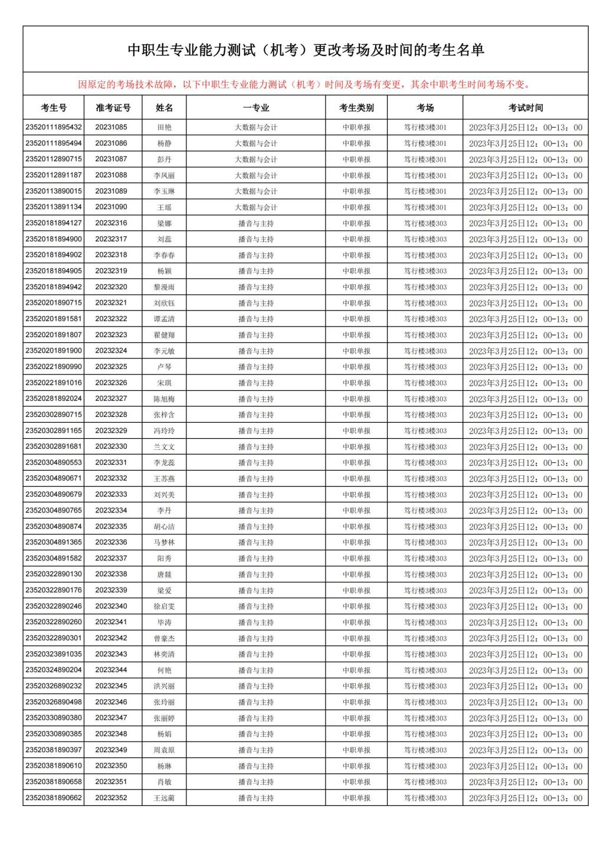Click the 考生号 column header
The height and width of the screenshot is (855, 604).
click(x=54, y=107)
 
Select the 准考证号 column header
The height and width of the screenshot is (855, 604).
click(x=113, y=107)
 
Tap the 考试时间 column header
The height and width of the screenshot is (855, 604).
click(x=525, y=107)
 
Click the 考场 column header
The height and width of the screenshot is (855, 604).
click(x=425, y=107)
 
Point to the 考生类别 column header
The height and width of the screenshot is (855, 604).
click(x=356, y=107)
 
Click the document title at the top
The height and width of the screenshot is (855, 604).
click(x=306, y=50)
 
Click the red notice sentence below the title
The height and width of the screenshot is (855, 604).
click(x=304, y=84)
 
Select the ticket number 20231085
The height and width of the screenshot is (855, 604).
click(x=111, y=127)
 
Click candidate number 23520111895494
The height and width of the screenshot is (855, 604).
click(x=54, y=143)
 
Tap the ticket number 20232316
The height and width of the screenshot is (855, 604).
click(x=111, y=223)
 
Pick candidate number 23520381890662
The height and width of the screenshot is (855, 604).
click(x=54, y=798)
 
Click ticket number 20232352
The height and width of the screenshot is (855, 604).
click(x=111, y=798)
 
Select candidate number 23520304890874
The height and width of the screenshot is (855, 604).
click(x=54, y=526)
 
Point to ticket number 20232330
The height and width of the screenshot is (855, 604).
click(x=111, y=446)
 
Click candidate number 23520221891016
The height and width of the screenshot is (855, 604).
click(x=54, y=383)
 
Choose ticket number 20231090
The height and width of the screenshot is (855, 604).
click(x=111, y=207)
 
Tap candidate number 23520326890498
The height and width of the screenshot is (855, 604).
click(x=54, y=702)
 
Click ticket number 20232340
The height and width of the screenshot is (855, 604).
click(x=111, y=606)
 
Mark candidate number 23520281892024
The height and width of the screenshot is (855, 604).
click(x=54, y=399)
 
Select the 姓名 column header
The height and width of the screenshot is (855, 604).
click(x=165, y=107)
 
